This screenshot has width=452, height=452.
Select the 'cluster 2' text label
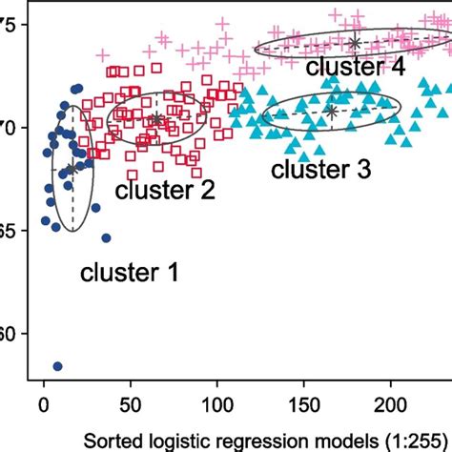tap(165, 191)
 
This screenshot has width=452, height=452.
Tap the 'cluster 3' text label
tap(321, 170)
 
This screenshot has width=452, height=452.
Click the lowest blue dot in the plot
tap(57, 366)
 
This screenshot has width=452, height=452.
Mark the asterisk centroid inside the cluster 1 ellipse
tap(71, 170)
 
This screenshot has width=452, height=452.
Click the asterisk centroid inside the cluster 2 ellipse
tap(156, 119)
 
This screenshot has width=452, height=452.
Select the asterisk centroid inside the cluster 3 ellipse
tap(331, 112)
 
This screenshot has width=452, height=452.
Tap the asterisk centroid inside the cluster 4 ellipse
tap(355, 43)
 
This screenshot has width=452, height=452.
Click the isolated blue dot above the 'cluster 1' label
tap(106, 238)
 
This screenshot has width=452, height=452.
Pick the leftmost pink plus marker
tap(103, 57)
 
